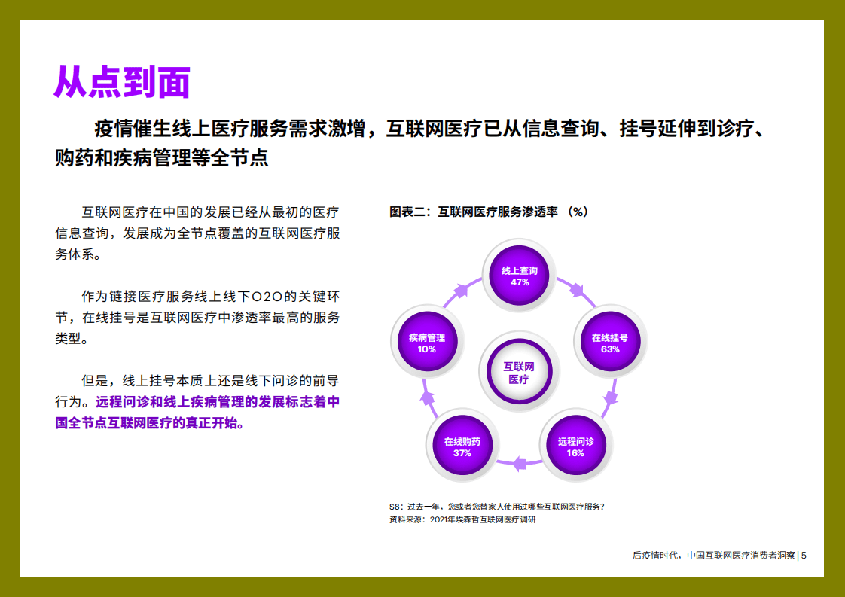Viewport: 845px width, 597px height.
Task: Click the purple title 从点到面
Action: tap(121, 83)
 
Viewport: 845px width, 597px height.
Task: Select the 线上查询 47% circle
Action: tap(520, 276)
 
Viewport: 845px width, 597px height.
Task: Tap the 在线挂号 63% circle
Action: tap(610, 343)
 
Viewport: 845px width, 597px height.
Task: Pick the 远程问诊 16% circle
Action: tap(575, 447)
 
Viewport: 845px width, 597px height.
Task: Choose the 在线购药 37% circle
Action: tap(462, 447)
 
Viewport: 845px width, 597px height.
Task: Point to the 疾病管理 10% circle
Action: tap(427, 343)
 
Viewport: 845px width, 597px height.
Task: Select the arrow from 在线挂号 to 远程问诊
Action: tap(612, 395)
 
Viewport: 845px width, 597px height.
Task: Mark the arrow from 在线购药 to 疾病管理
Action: tap(428, 397)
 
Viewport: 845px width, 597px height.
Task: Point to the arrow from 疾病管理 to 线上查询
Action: tap(461, 291)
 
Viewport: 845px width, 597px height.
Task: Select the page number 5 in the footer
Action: tap(804, 556)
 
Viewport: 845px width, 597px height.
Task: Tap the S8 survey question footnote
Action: tap(496, 506)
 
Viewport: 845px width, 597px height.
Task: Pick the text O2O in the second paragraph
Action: tap(267, 296)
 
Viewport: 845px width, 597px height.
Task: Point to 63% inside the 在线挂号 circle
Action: tap(610, 349)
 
